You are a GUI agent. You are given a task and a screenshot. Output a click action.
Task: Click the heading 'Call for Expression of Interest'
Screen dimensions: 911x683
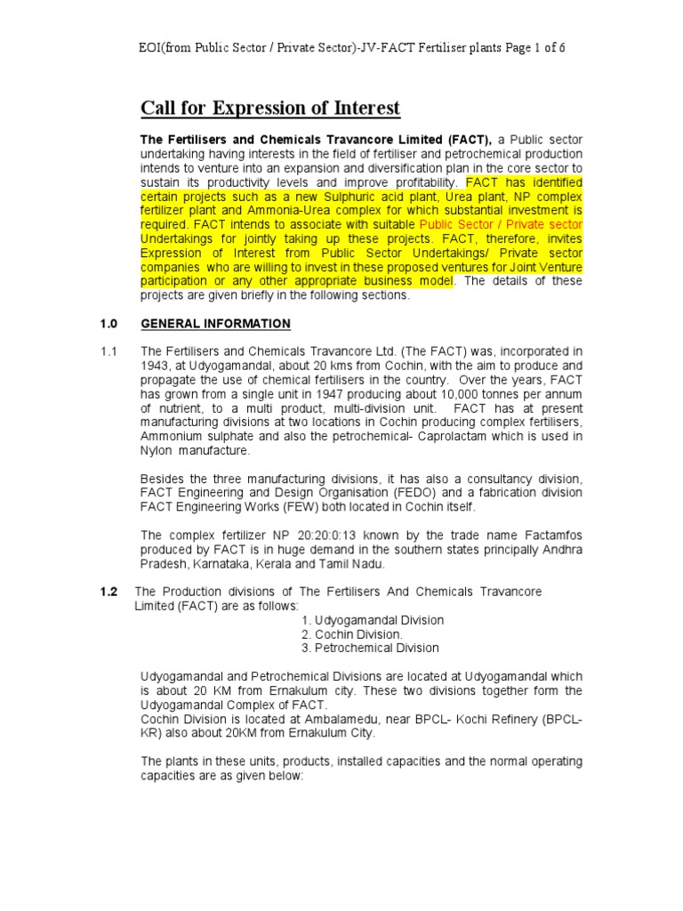click(270, 109)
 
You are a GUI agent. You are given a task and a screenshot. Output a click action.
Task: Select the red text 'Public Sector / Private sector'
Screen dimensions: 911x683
click(501, 224)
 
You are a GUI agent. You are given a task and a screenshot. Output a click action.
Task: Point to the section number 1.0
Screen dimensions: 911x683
click(108, 323)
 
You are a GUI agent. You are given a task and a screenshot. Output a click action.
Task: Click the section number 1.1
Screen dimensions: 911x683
click(108, 351)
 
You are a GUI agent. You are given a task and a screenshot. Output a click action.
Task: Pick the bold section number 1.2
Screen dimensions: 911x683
click(108, 592)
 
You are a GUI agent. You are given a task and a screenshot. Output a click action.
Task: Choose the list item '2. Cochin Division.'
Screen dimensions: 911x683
click(351, 633)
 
